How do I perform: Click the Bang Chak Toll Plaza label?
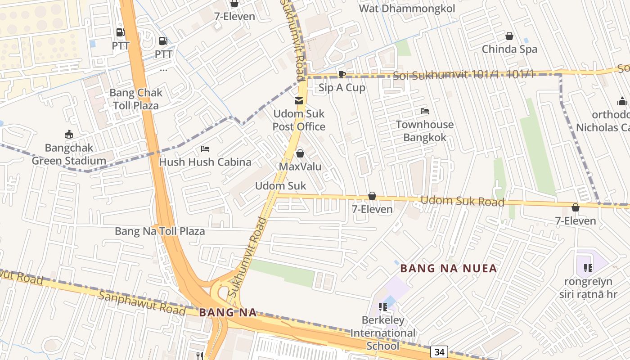[136, 99]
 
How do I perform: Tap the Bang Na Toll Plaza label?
[160, 231]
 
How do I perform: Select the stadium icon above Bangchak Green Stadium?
[69, 134]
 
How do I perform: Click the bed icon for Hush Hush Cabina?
[205, 149]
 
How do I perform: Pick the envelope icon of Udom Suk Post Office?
[299, 100]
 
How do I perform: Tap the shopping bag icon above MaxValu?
[300, 153]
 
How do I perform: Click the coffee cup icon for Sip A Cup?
[342, 75]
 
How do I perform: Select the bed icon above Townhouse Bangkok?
[424, 111]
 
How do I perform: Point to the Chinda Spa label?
[509, 49]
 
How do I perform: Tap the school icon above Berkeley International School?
[383, 307]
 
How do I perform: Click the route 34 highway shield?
[438, 351]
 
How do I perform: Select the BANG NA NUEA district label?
[449, 269]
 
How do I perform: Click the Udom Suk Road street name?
[462, 201]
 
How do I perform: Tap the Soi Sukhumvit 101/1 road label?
[463, 75]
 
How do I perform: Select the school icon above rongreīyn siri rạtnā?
[588, 268]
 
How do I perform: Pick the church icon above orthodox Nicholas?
[622, 101]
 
